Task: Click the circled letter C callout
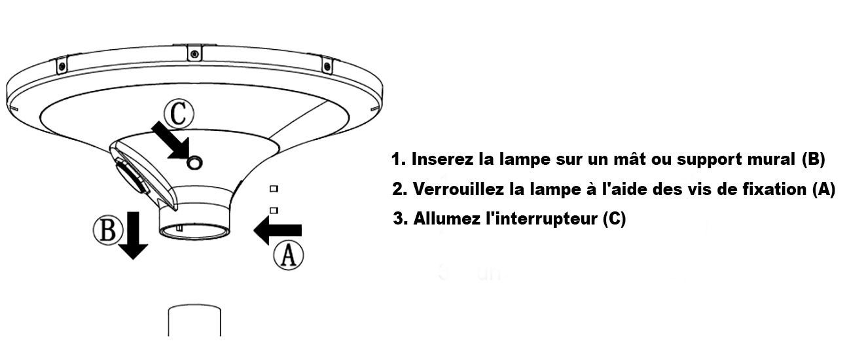[179, 113]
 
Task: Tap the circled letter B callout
[108, 230]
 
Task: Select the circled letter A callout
[289, 256]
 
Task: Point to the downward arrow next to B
[133, 235]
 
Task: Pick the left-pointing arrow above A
[278, 230]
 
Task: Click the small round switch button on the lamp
[195, 163]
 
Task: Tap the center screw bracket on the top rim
[194, 53]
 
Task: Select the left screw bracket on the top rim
[62, 66]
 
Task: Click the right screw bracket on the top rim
[327, 66]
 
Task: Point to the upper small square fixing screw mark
[274, 189]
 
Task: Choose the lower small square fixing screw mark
[274, 210]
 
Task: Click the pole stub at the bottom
[194, 320]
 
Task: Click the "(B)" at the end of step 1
[813, 160]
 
